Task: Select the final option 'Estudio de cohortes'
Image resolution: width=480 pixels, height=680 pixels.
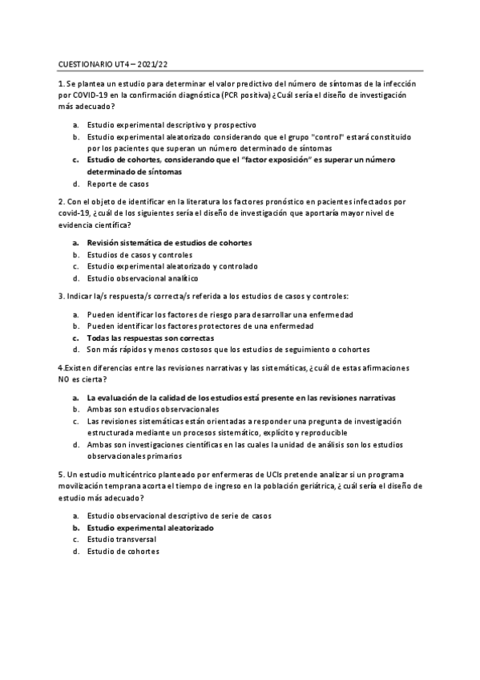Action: click(x=123, y=552)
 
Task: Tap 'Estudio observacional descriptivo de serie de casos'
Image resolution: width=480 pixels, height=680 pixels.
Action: click(x=179, y=516)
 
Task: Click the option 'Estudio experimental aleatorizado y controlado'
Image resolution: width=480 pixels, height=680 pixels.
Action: click(x=172, y=265)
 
